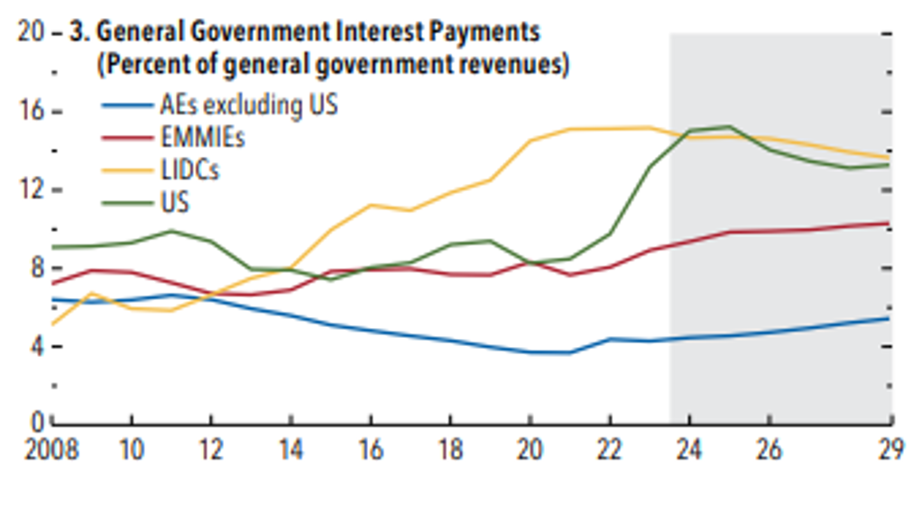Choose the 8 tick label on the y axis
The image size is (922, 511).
[x=40, y=268]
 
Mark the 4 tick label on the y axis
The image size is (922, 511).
[x=40, y=347]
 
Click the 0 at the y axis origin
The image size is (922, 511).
[x=40, y=422]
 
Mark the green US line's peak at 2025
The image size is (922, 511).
[x=729, y=126]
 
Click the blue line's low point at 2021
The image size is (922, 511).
[x=569, y=352]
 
